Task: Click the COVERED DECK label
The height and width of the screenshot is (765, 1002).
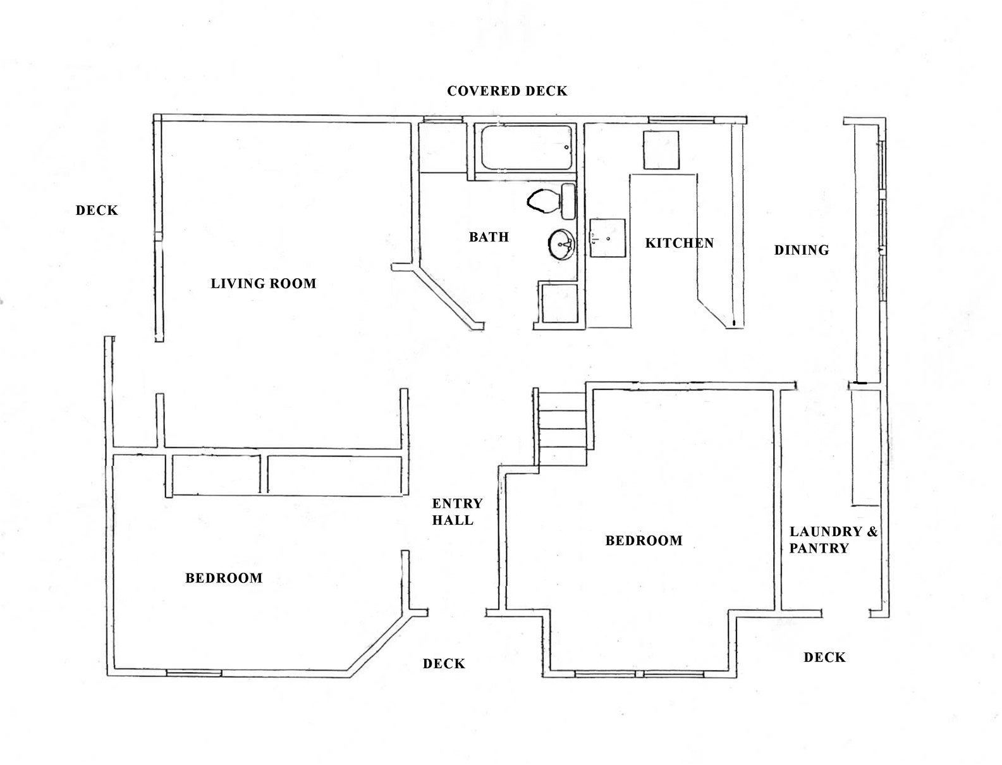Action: [507, 91]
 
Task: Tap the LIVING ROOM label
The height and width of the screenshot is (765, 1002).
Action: [264, 283]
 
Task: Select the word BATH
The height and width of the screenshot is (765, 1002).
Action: [489, 237]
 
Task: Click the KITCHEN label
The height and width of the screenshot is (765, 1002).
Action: [679, 243]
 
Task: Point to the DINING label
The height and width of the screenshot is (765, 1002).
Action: [802, 250]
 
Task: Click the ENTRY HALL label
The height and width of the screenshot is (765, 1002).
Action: [456, 511]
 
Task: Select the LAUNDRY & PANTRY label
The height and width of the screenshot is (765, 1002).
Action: [832, 539]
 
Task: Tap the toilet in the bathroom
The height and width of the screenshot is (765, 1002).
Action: [551, 200]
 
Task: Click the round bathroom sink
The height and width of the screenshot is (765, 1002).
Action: [561, 244]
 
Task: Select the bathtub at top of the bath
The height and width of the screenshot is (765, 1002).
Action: [526, 149]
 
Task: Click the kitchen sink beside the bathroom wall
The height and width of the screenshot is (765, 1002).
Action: [608, 238]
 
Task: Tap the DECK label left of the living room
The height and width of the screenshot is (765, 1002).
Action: [97, 211]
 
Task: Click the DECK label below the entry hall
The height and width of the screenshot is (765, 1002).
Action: [444, 663]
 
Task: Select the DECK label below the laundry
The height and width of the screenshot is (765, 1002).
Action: [824, 658]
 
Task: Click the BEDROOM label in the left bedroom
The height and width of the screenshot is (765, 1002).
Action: [224, 578]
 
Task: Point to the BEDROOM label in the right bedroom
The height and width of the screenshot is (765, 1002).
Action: [644, 541]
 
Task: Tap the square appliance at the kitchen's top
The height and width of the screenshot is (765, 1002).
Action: [661, 150]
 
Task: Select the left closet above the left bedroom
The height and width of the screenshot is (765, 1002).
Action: [216, 474]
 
